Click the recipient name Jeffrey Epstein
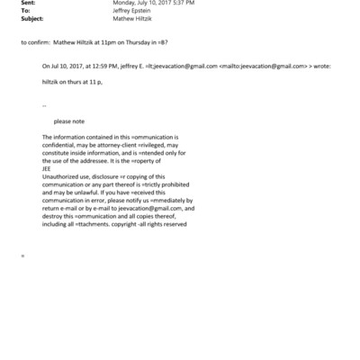click(134, 13)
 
